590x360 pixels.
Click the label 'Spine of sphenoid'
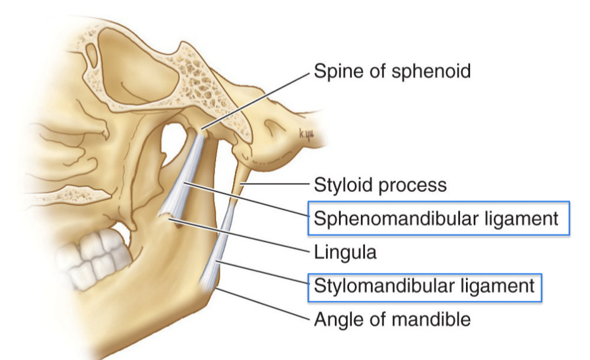(392, 71)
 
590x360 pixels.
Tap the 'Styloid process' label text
(380, 185)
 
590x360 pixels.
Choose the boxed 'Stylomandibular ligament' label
(424, 286)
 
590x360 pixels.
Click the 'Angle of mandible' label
(392, 320)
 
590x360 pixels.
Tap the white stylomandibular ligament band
(216, 250)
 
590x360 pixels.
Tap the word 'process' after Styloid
(413, 185)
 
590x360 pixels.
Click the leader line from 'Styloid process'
(279, 185)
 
